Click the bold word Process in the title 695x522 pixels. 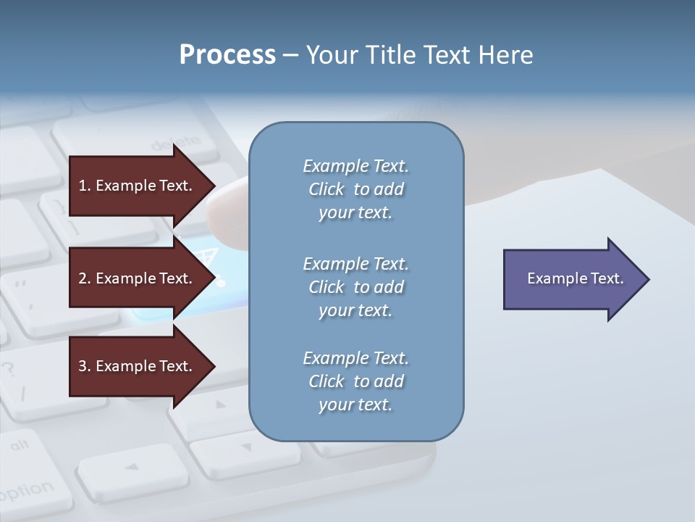227,55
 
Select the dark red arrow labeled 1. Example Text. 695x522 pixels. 138,186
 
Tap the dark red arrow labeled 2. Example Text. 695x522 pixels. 138,278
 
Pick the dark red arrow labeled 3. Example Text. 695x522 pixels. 138,366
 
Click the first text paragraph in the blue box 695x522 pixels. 355,189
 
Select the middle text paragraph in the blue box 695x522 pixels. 355,287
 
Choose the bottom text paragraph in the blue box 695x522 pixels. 355,381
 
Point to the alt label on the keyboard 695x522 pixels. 20,444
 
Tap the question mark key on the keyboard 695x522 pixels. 9,369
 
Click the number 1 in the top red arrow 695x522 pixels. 83,186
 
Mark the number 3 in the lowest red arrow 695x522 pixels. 83,366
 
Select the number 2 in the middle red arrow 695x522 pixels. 83,278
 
